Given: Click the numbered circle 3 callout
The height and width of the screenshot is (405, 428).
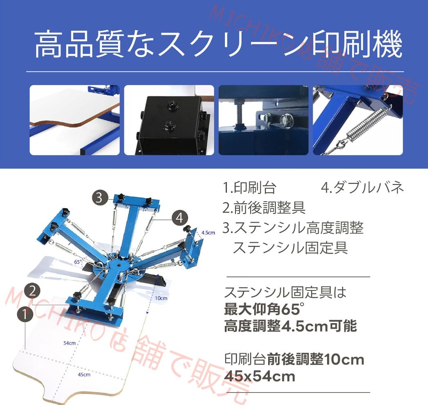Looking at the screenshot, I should point(99,198).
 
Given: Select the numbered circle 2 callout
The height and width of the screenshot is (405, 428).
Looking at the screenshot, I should point(32,291).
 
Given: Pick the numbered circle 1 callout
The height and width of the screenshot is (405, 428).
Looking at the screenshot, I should point(25,315).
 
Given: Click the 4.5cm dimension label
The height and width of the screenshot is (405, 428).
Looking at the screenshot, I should point(208,232).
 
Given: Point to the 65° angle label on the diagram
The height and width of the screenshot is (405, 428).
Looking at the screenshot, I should point(78,261).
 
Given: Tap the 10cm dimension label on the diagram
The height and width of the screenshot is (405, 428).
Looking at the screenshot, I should point(161,298).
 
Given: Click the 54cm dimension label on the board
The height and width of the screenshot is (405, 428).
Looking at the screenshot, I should point(69,343).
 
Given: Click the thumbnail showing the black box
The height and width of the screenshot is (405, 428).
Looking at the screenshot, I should point(169,120).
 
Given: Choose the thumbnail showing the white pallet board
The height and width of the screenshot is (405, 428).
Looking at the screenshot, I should point(74,120).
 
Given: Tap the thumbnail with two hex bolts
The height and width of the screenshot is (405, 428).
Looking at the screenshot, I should point(263,120).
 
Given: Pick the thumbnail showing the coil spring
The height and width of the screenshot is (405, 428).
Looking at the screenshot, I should point(358,120).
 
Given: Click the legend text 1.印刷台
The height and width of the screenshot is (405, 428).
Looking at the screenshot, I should point(249,188).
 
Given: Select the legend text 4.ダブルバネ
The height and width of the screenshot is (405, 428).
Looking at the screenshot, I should point(362,188).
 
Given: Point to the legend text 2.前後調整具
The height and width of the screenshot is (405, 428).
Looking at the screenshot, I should point(264,208).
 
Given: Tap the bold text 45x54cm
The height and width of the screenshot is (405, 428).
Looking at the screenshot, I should point(260,376).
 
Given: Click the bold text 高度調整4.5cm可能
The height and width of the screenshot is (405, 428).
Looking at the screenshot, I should point(290,326).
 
